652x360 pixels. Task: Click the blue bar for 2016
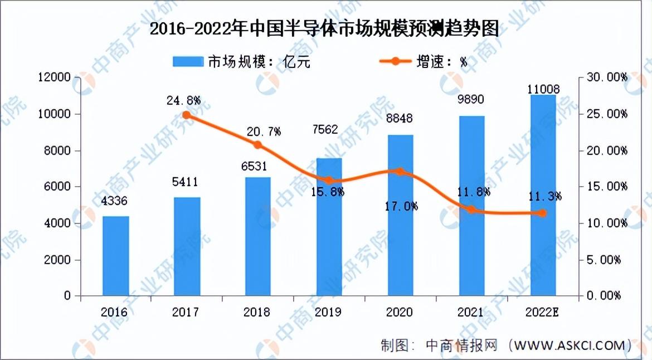pyautogui.click(x=115, y=256)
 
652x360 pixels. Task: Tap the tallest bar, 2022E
pyautogui.click(x=543, y=195)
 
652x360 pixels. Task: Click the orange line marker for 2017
pyautogui.click(x=187, y=115)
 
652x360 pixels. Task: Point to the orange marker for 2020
pyautogui.click(x=400, y=172)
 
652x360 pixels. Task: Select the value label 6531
pyautogui.click(x=258, y=166)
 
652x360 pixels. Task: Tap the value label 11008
pyautogui.click(x=543, y=88)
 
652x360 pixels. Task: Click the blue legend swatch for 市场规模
pyautogui.click(x=187, y=61)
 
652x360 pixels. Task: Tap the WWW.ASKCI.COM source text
pyautogui.click(x=570, y=345)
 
